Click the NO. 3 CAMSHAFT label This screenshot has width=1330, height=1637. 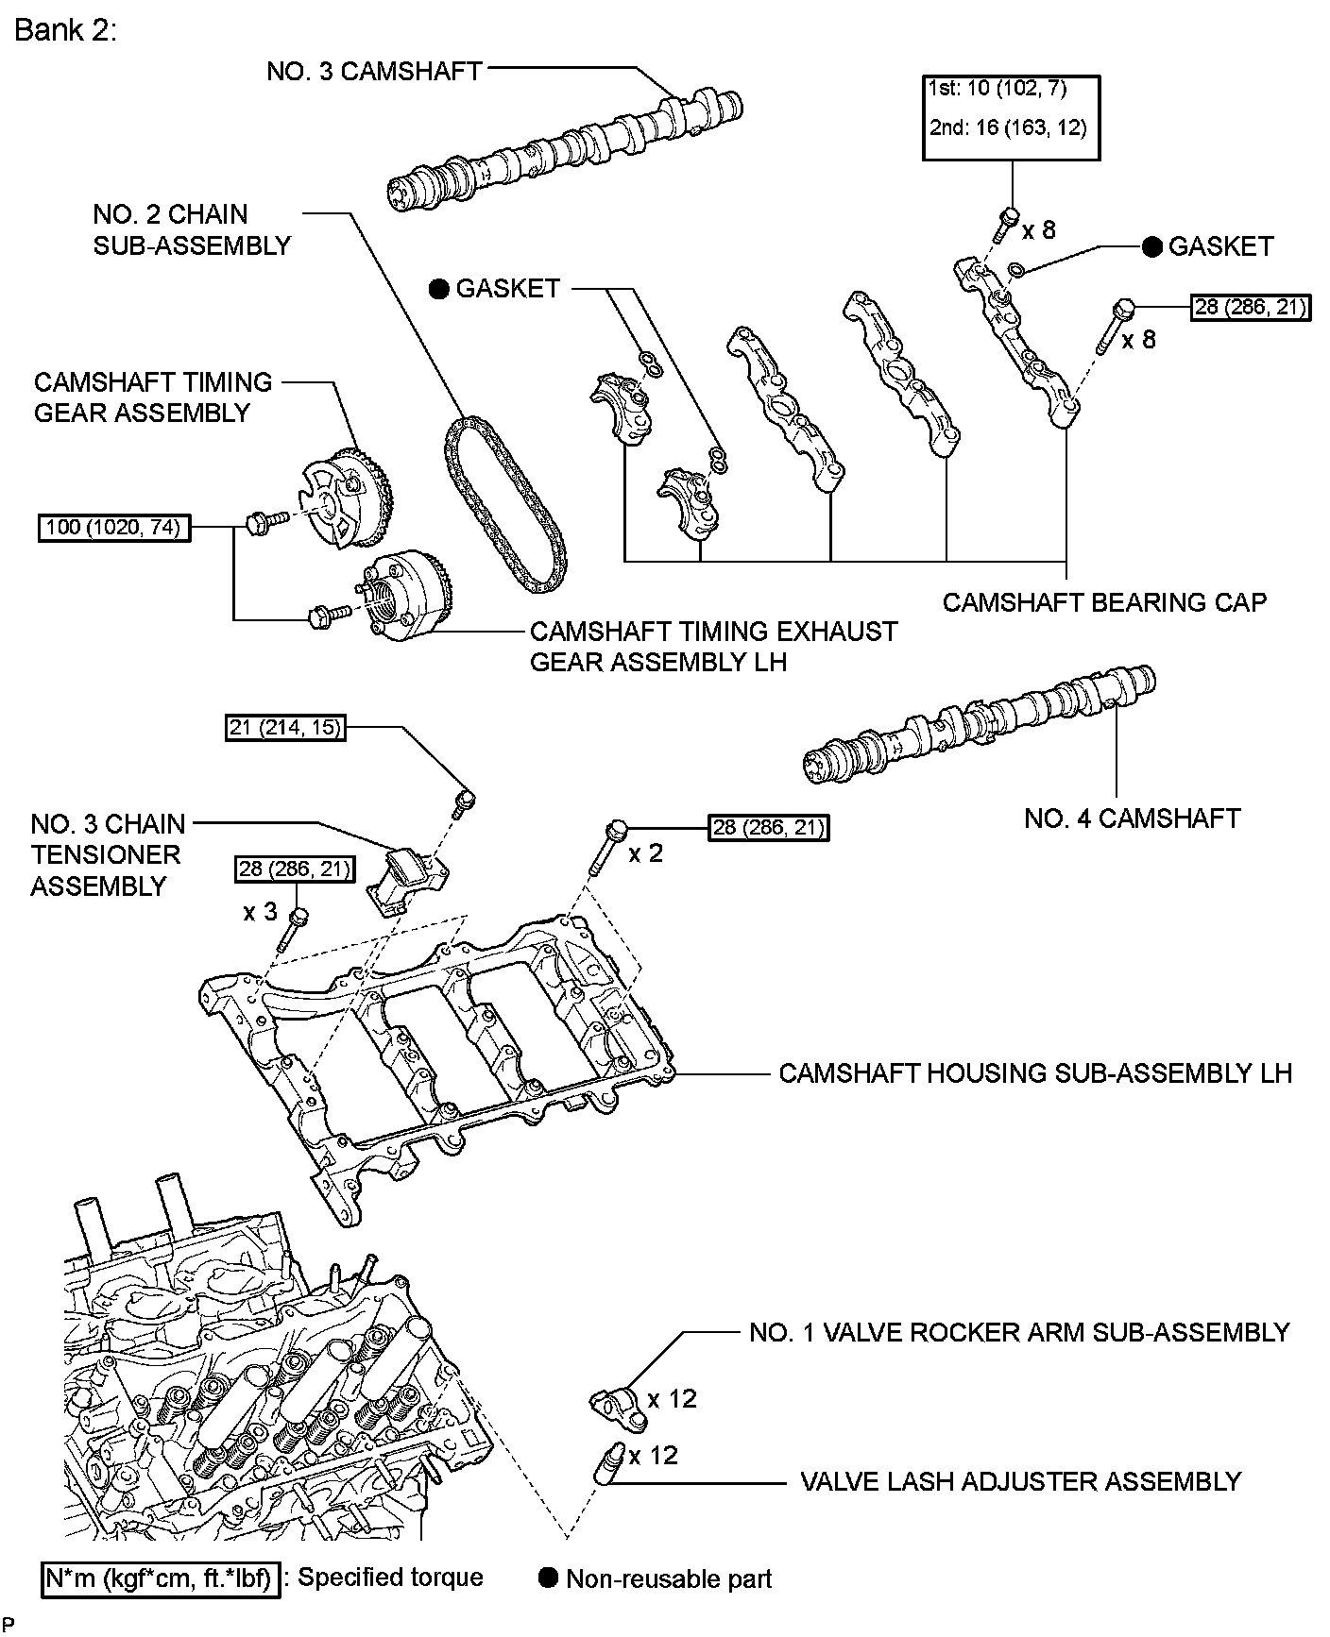coord(374,72)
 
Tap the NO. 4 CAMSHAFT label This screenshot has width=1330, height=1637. coord(1132,818)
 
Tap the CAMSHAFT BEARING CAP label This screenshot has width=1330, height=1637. coord(1104,602)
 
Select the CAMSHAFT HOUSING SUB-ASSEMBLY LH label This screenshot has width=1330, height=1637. coord(1034,1073)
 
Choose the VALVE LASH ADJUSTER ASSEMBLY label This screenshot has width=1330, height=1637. coord(1020,1481)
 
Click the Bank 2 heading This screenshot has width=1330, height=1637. coord(65,31)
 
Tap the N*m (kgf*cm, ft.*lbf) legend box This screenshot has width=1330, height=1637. coord(162,1578)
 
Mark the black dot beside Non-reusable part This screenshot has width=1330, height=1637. coord(547,1578)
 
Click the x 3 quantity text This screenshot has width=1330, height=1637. coord(260,912)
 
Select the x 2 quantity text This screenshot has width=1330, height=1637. coord(646,853)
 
